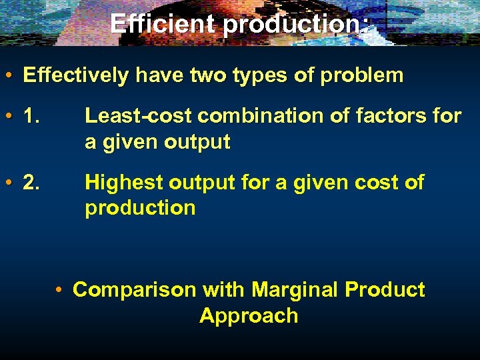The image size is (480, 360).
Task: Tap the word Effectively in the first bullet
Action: coord(75,75)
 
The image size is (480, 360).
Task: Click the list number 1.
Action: coord(33,116)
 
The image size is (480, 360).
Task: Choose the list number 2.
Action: coord(33,182)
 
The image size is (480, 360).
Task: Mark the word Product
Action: coord(385,290)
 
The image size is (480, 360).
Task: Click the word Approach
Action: coord(248,315)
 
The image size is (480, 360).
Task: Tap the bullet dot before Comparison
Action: coord(60,290)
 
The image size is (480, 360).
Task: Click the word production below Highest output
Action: coord(140,208)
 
